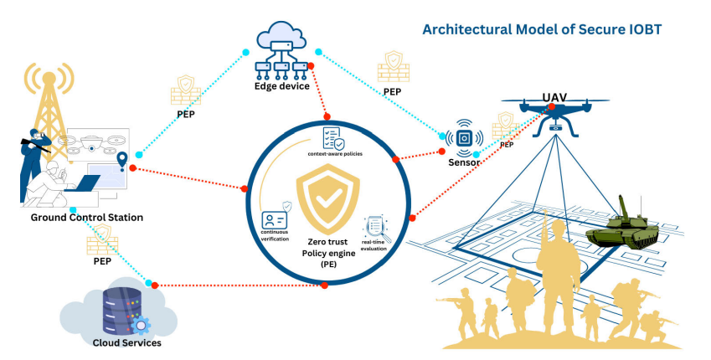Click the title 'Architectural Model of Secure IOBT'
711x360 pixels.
click(542, 29)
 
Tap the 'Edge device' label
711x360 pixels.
click(282, 86)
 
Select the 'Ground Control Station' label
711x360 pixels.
click(86, 218)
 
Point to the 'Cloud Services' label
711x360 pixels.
click(127, 342)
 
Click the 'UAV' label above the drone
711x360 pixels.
click(555, 97)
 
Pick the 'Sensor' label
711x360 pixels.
click(464, 162)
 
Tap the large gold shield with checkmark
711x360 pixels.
click(327, 199)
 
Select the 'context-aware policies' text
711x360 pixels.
click(335, 154)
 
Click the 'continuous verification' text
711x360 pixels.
click(275, 235)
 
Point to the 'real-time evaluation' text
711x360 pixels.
click(374, 245)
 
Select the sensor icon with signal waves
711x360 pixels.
click(464, 138)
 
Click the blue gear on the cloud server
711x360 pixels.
click(141, 326)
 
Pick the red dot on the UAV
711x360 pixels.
click(552, 106)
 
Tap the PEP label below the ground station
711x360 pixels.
click(102, 261)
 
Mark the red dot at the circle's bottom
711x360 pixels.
click(324, 285)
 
